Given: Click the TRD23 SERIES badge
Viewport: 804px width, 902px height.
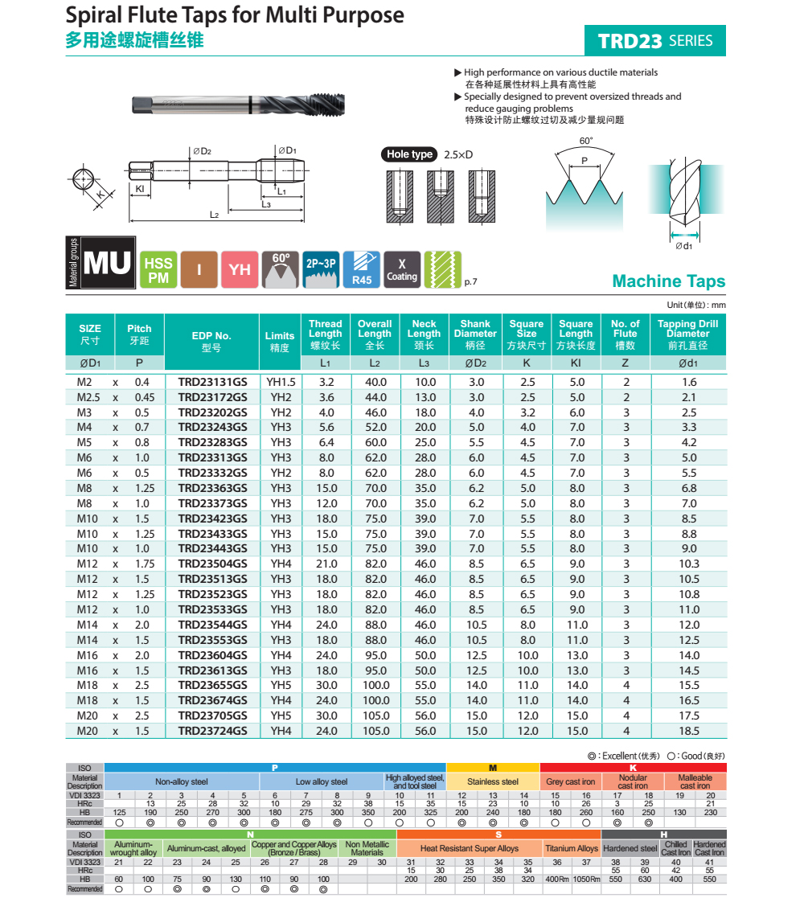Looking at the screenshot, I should pos(655,41).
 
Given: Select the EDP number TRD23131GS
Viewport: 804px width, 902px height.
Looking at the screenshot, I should pos(213,383).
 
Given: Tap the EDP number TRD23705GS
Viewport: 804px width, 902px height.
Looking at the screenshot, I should pos(213,715).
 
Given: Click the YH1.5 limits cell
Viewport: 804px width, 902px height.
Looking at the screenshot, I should pos(281,383).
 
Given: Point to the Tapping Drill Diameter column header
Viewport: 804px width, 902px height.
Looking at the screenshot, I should pos(687,334).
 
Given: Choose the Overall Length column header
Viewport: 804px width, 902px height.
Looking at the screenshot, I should pos(375,334).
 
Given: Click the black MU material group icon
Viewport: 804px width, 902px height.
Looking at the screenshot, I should pos(107,263).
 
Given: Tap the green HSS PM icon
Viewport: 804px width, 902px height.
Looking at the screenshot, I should pos(158,269).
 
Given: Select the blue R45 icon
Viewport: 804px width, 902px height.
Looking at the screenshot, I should pos(362,269).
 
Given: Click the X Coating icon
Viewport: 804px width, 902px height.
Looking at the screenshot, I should pos(402,269).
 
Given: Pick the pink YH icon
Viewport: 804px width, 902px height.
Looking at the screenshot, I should pos(240,269).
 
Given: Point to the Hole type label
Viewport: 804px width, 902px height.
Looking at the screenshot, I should pos(409,154).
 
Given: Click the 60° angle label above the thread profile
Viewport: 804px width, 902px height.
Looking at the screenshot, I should pos(585,141).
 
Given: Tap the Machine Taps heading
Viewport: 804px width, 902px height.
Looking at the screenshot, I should pos(668,281).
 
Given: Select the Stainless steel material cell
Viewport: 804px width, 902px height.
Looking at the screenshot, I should pos(493,781).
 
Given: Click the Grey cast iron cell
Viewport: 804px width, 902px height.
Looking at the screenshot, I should pos(571,781).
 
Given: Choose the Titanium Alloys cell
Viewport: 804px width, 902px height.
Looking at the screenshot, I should pos(572,848).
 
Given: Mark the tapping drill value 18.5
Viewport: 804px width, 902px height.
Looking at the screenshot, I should pos(688,731).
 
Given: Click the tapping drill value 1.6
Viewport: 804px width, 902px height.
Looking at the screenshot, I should pos(688,383).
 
